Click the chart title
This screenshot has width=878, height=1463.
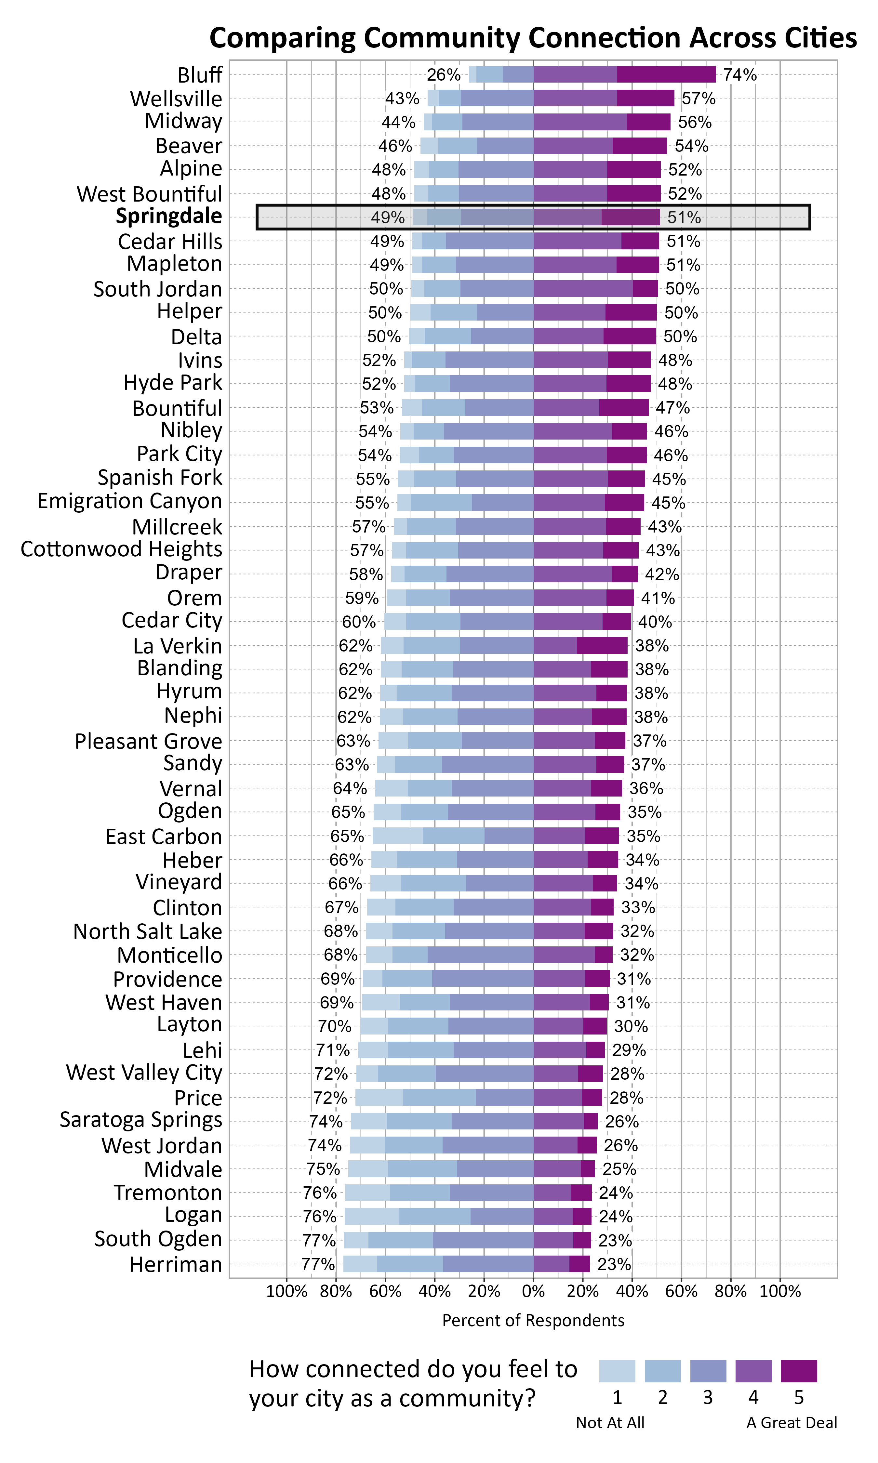click(x=532, y=38)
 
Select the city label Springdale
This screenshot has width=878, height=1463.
click(x=169, y=217)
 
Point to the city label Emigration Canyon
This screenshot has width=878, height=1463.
click(x=129, y=501)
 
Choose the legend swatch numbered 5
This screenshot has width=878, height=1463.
click(x=799, y=1371)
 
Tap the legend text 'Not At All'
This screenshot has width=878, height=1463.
click(x=610, y=1423)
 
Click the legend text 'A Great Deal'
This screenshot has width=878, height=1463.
click(x=791, y=1423)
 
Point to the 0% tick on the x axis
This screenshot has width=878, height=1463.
click(x=533, y=1292)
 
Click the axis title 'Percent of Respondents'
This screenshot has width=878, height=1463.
click(x=533, y=1321)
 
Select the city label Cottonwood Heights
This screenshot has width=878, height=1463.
click(x=121, y=549)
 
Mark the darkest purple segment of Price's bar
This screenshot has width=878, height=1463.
click(x=592, y=1098)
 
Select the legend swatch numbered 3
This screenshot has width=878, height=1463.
click(x=708, y=1371)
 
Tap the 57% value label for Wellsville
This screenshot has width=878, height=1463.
click(x=698, y=99)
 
